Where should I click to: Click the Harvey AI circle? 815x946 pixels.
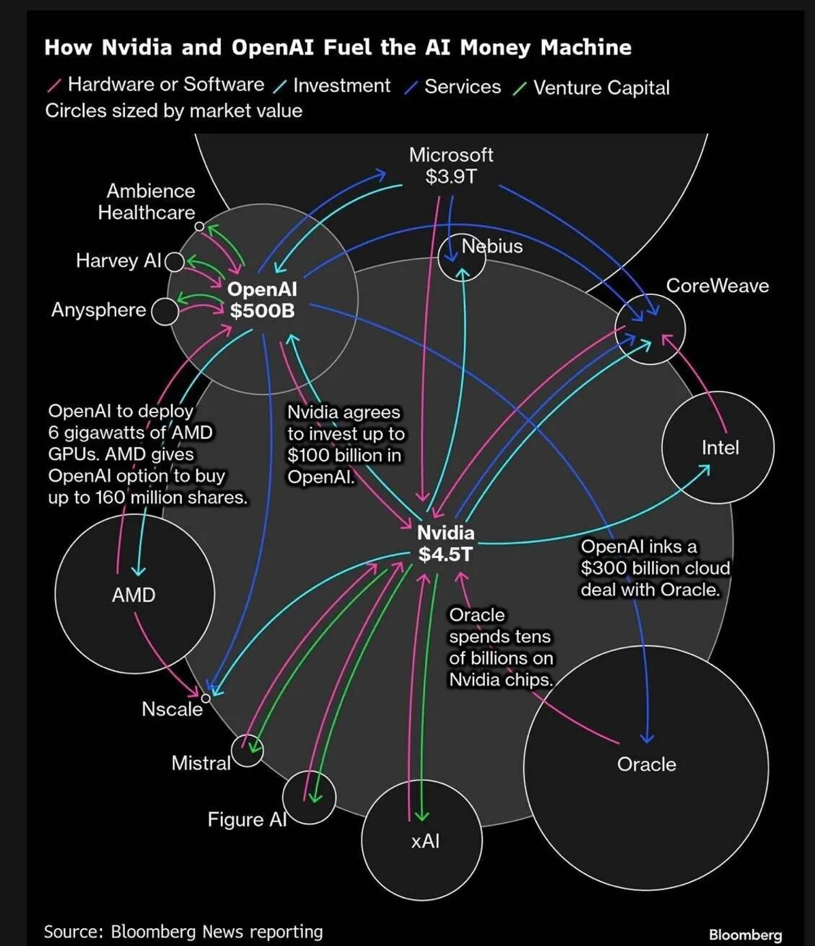(x=175, y=262)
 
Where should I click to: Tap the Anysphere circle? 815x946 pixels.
(x=164, y=311)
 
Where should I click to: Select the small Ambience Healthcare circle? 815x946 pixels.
(x=199, y=226)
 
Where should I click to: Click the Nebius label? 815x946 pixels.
(x=492, y=246)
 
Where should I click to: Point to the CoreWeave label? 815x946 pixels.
(x=717, y=285)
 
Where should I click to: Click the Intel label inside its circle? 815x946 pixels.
(x=720, y=448)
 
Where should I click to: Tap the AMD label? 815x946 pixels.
(x=134, y=595)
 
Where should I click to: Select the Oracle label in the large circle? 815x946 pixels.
(x=647, y=765)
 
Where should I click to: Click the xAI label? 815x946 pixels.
(x=425, y=841)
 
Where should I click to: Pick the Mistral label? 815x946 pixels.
(x=201, y=763)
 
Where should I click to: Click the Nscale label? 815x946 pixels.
(x=172, y=709)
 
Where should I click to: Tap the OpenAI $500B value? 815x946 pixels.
(x=262, y=311)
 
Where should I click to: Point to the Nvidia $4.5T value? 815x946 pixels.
(x=446, y=555)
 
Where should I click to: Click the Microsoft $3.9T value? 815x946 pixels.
(x=451, y=177)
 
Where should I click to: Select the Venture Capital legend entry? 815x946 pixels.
(x=601, y=88)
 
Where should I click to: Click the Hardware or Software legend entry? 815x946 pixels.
(x=166, y=84)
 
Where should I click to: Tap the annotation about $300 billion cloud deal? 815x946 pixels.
(x=655, y=568)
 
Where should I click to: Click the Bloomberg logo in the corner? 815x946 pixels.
(x=745, y=935)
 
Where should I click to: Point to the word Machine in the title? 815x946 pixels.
(x=586, y=48)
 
